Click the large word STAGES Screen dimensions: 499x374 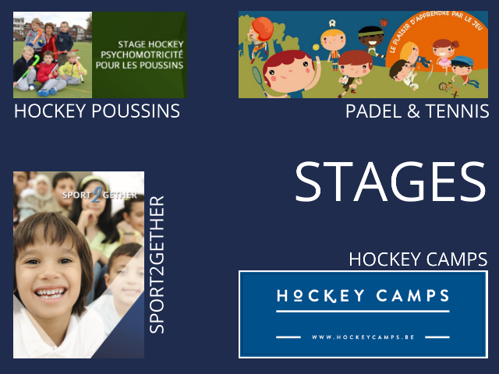tap(391, 182)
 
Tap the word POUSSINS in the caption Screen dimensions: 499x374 tap(136, 111)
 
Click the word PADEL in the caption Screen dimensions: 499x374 tap(373, 111)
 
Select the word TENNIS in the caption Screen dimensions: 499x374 tap(457, 111)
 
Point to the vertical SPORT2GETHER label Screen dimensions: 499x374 tap(157, 265)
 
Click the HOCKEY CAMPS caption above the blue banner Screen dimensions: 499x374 tap(418, 259)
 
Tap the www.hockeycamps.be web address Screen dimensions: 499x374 tap(363, 337)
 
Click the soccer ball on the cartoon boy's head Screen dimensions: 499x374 tap(332, 23)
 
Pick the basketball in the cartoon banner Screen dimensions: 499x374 tap(384, 23)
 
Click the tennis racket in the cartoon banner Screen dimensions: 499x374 tap(260, 79)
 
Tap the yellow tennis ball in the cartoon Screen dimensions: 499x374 tap(316, 47)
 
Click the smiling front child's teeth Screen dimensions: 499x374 tap(51, 293)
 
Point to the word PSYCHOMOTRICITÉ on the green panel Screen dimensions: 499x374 tap(142, 55)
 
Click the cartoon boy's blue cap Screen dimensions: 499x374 tap(462, 61)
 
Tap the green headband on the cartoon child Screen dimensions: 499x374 tap(371, 33)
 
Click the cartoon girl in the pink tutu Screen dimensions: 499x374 tap(444, 55)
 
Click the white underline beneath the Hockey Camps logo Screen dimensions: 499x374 tap(363, 312)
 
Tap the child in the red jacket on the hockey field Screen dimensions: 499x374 tap(48, 73)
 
